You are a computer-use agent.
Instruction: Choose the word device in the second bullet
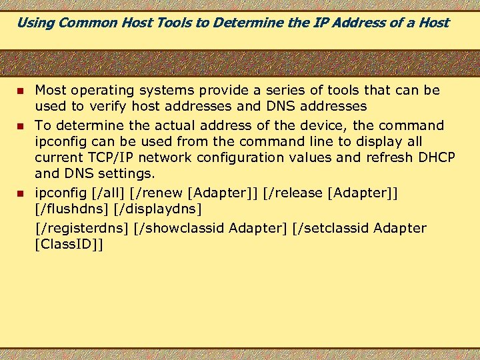309,125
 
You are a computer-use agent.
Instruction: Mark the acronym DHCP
435,157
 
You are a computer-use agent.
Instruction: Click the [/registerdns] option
81,229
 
